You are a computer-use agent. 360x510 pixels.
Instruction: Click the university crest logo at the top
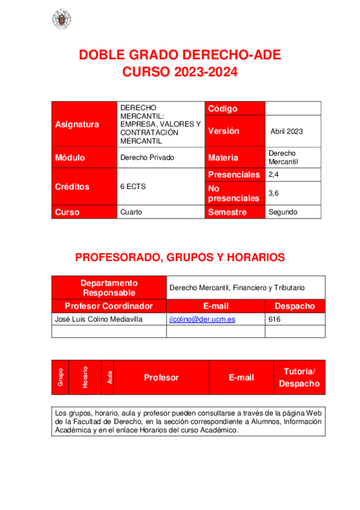[x=61, y=19]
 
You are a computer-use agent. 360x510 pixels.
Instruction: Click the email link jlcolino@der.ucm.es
[x=202, y=319]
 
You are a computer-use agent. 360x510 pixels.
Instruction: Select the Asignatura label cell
[x=77, y=124]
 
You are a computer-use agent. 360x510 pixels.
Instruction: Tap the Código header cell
[x=223, y=108]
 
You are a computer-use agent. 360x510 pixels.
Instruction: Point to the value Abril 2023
[x=287, y=131]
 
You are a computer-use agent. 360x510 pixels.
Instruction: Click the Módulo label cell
[x=70, y=158]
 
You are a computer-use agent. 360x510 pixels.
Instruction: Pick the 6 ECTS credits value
[x=133, y=186]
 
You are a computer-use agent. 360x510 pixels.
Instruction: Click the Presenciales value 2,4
[x=274, y=174]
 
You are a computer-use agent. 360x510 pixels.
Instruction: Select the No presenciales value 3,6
[x=274, y=193]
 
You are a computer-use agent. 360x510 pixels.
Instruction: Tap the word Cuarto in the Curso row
[x=131, y=212]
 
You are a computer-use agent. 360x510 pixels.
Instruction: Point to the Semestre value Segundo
[x=282, y=212]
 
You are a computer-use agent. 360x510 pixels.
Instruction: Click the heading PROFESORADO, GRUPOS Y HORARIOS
[x=180, y=257]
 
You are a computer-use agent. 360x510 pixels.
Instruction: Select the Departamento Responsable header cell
[x=109, y=287]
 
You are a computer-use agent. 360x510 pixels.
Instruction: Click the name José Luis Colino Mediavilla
[x=99, y=319]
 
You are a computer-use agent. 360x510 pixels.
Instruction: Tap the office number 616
[x=275, y=319]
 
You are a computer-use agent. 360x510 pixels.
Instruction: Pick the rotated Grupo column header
[x=60, y=378]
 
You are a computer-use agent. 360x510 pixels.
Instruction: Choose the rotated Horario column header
[x=85, y=378]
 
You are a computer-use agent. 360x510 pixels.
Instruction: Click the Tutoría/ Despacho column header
[x=299, y=378]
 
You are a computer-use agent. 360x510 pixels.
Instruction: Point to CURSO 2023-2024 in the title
[x=180, y=73]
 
